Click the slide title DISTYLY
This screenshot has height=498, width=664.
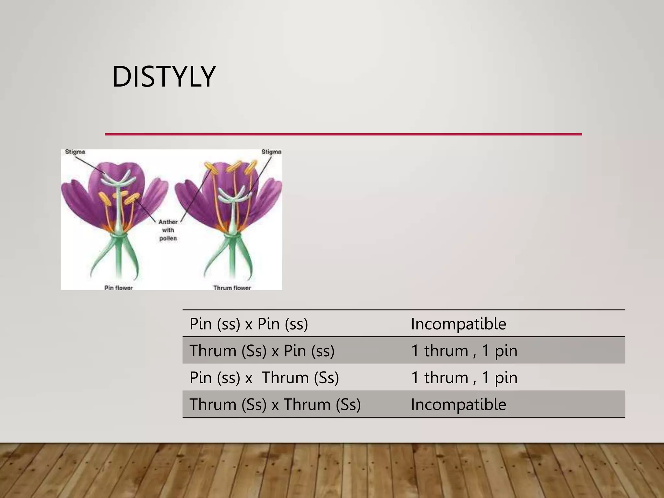coord(164,77)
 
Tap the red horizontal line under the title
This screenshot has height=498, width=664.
coord(343,134)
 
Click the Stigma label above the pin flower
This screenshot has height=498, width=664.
coord(75,152)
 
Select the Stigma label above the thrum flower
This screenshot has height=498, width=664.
coord(271,152)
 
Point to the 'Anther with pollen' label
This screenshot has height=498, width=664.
coord(168,230)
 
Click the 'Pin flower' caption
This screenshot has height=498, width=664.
coord(118,288)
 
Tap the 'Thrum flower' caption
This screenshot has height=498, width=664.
coord(232,288)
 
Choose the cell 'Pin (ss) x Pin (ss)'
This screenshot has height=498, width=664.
coord(249,324)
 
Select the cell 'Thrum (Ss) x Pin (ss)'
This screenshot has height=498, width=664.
coord(262,350)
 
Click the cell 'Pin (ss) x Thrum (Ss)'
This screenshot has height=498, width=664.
coord(264,377)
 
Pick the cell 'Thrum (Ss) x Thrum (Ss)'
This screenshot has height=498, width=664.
coord(275,404)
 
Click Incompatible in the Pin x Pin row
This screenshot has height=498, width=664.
coord(458,324)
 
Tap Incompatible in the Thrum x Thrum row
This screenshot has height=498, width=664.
coord(458,404)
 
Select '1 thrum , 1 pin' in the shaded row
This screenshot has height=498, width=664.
coord(464,350)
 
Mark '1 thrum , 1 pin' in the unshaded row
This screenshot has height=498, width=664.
coord(464,377)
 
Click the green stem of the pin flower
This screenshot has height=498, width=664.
coord(118,259)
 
